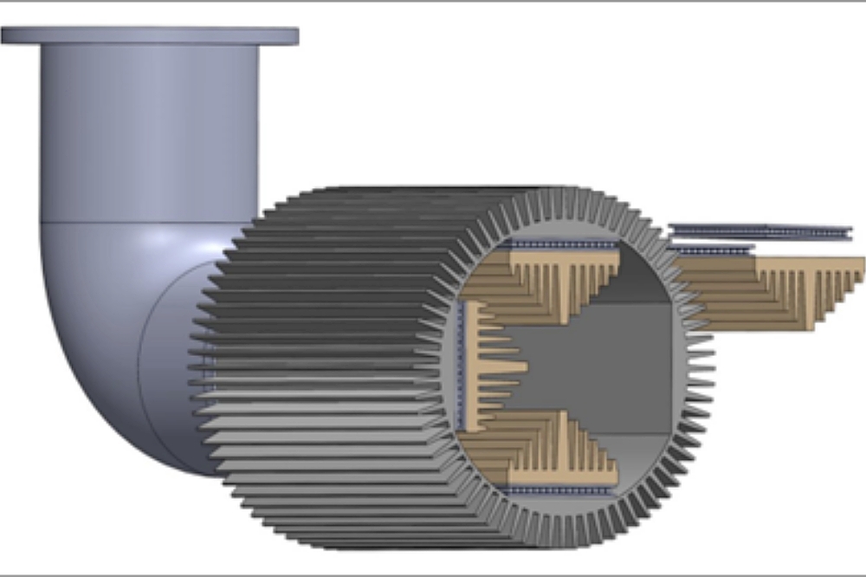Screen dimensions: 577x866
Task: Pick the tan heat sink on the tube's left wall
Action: [489, 364]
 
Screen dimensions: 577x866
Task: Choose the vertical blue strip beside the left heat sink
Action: [461, 364]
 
